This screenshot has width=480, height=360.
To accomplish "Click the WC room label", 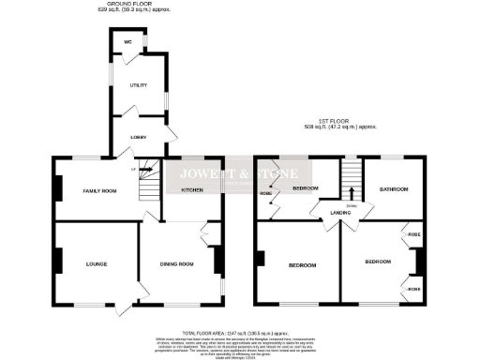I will (127, 42).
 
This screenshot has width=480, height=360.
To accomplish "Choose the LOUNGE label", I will (97, 264).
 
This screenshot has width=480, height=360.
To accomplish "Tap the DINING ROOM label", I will (177, 264).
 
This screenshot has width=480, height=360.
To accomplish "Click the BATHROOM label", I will (394, 188).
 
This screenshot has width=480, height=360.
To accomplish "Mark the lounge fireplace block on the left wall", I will (55, 260).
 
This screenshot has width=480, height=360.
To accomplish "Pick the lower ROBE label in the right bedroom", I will (413, 288).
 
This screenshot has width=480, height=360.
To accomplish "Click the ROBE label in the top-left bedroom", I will (265, 196).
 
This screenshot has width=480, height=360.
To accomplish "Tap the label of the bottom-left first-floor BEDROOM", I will (302, 265).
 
